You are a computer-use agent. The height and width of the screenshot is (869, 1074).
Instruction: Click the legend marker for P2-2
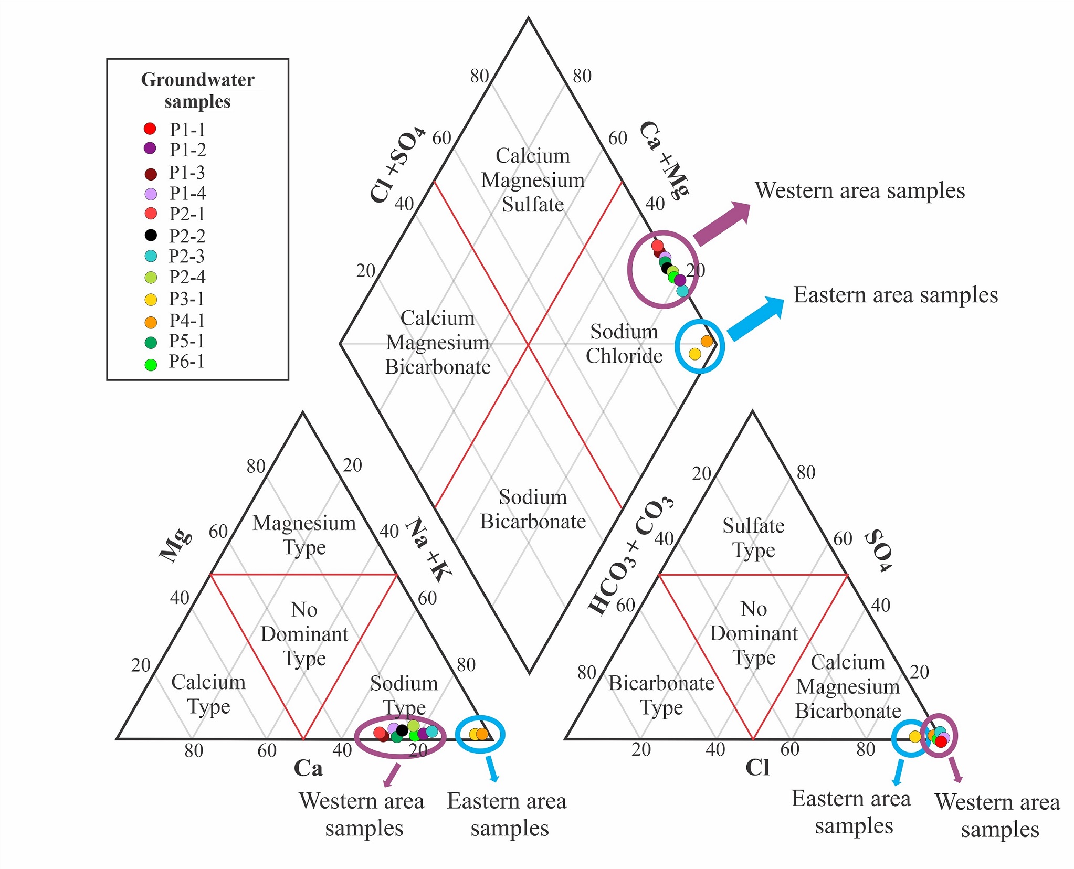[x=151, y=235]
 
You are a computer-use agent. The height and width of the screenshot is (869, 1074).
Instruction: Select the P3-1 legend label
[x=186, y=299]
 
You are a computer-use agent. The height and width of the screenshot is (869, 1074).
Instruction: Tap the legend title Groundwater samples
[x=197, y=90]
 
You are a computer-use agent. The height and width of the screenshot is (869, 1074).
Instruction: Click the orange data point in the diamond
[x=707, y=341]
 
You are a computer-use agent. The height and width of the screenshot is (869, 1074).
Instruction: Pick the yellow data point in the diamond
[x=694, y=354]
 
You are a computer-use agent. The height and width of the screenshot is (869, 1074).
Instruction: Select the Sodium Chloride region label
[x=624, y=344]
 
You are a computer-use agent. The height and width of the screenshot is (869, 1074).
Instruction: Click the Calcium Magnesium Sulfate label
[x=533, y=180]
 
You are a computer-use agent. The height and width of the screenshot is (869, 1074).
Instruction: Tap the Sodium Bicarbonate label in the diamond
[x=533, y=509]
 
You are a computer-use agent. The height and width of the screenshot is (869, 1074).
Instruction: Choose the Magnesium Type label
[x=304, y=535]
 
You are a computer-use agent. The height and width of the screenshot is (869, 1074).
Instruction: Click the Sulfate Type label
[x=753, y=537]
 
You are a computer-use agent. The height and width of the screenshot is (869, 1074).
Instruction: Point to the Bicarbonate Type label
[x=661, y=695]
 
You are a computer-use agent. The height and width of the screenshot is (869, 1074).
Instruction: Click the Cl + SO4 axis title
[x=397, y=164]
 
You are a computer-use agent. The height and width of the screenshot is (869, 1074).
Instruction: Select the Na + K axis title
[x=429, y=549]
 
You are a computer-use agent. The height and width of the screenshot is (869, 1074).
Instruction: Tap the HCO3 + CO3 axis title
[x=630, y=555]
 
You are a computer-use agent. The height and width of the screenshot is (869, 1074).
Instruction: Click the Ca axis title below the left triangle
[x=308, y=768]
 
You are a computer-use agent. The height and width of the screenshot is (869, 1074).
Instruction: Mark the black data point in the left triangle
[x=402, y=730]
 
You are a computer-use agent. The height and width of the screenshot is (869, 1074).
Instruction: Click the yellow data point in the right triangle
[x=915, y=736]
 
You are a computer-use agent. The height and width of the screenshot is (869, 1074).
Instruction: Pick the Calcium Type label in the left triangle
[x=208, y=694]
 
